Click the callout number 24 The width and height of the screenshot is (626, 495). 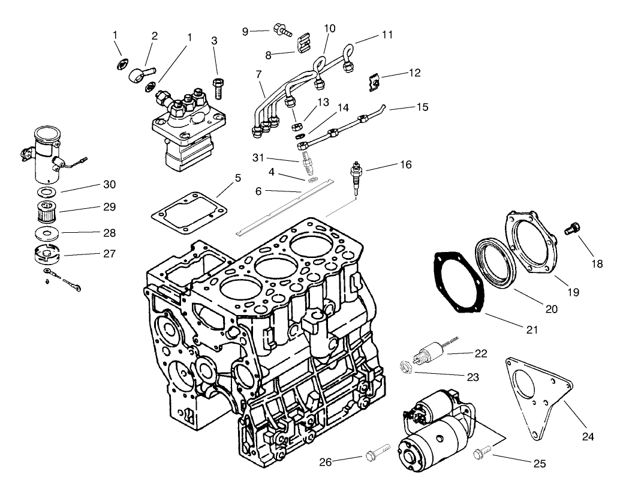588,437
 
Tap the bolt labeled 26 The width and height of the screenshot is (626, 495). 376,449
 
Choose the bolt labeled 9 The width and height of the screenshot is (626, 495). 280,28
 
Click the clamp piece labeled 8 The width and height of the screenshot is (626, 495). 305,44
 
